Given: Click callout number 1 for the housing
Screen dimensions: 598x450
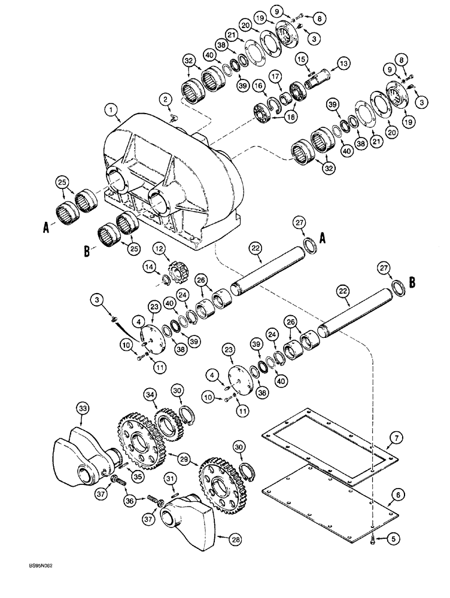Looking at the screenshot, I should tap(110, 110).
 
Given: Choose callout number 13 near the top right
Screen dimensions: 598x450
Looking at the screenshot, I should tap(342, 64).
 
